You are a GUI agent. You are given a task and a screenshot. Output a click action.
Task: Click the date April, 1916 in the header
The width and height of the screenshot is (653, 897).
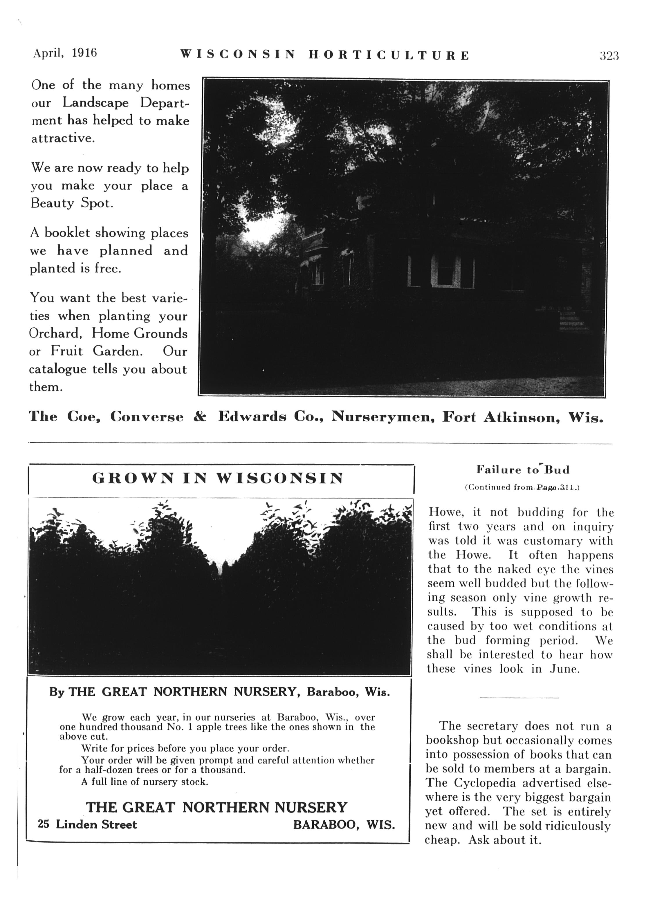coord(65,53)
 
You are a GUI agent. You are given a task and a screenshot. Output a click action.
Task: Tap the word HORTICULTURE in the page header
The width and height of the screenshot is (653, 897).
coord(389,55)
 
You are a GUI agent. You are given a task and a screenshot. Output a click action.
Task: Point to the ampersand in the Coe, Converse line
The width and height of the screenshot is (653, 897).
coord(200,416)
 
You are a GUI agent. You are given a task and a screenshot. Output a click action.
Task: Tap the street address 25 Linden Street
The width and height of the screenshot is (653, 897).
coord(87,825)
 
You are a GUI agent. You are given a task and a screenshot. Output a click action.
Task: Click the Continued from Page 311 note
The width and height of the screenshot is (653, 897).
coord(522,488)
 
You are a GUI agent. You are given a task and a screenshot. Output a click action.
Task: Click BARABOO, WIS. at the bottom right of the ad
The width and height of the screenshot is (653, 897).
coord(344,825)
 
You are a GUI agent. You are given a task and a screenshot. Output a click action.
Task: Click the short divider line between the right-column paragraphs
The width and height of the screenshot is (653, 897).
coord(519,698)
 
